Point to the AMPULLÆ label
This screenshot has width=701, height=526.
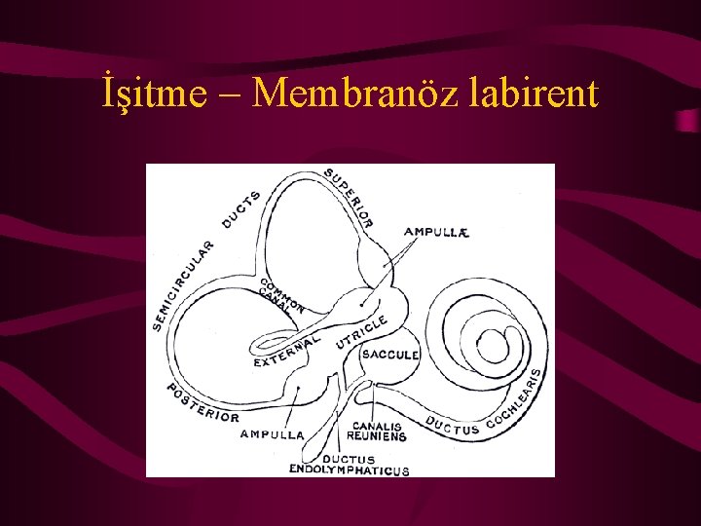tap(437, 232)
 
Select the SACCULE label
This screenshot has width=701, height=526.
tap(389, 355)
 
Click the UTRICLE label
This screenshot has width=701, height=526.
tap(362, 332)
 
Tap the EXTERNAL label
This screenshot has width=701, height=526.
tap(286, 352)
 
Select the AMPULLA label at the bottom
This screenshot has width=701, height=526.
tap(272, 434)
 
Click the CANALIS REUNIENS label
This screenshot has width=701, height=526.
tap(379, 432)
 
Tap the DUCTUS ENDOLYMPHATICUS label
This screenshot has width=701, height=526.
tap(349, 466)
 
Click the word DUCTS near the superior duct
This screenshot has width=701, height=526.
tap(241, 210)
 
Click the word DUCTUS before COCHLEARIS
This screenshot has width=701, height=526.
tap(453, 426)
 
